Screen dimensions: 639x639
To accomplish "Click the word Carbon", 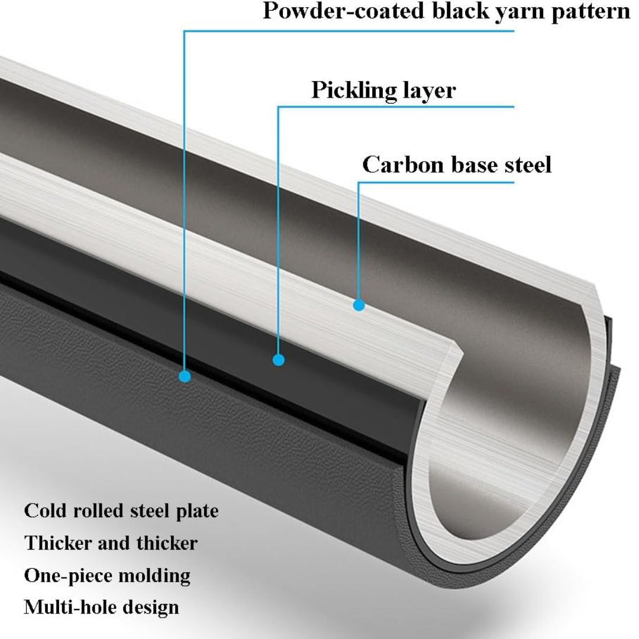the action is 403,164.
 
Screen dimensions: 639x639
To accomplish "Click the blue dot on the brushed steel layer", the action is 359,305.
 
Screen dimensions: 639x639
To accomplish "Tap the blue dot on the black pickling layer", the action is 278,360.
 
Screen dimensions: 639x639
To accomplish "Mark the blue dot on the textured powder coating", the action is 185,376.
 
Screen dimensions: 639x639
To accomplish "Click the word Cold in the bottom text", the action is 45,511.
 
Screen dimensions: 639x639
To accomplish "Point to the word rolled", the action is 98,511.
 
